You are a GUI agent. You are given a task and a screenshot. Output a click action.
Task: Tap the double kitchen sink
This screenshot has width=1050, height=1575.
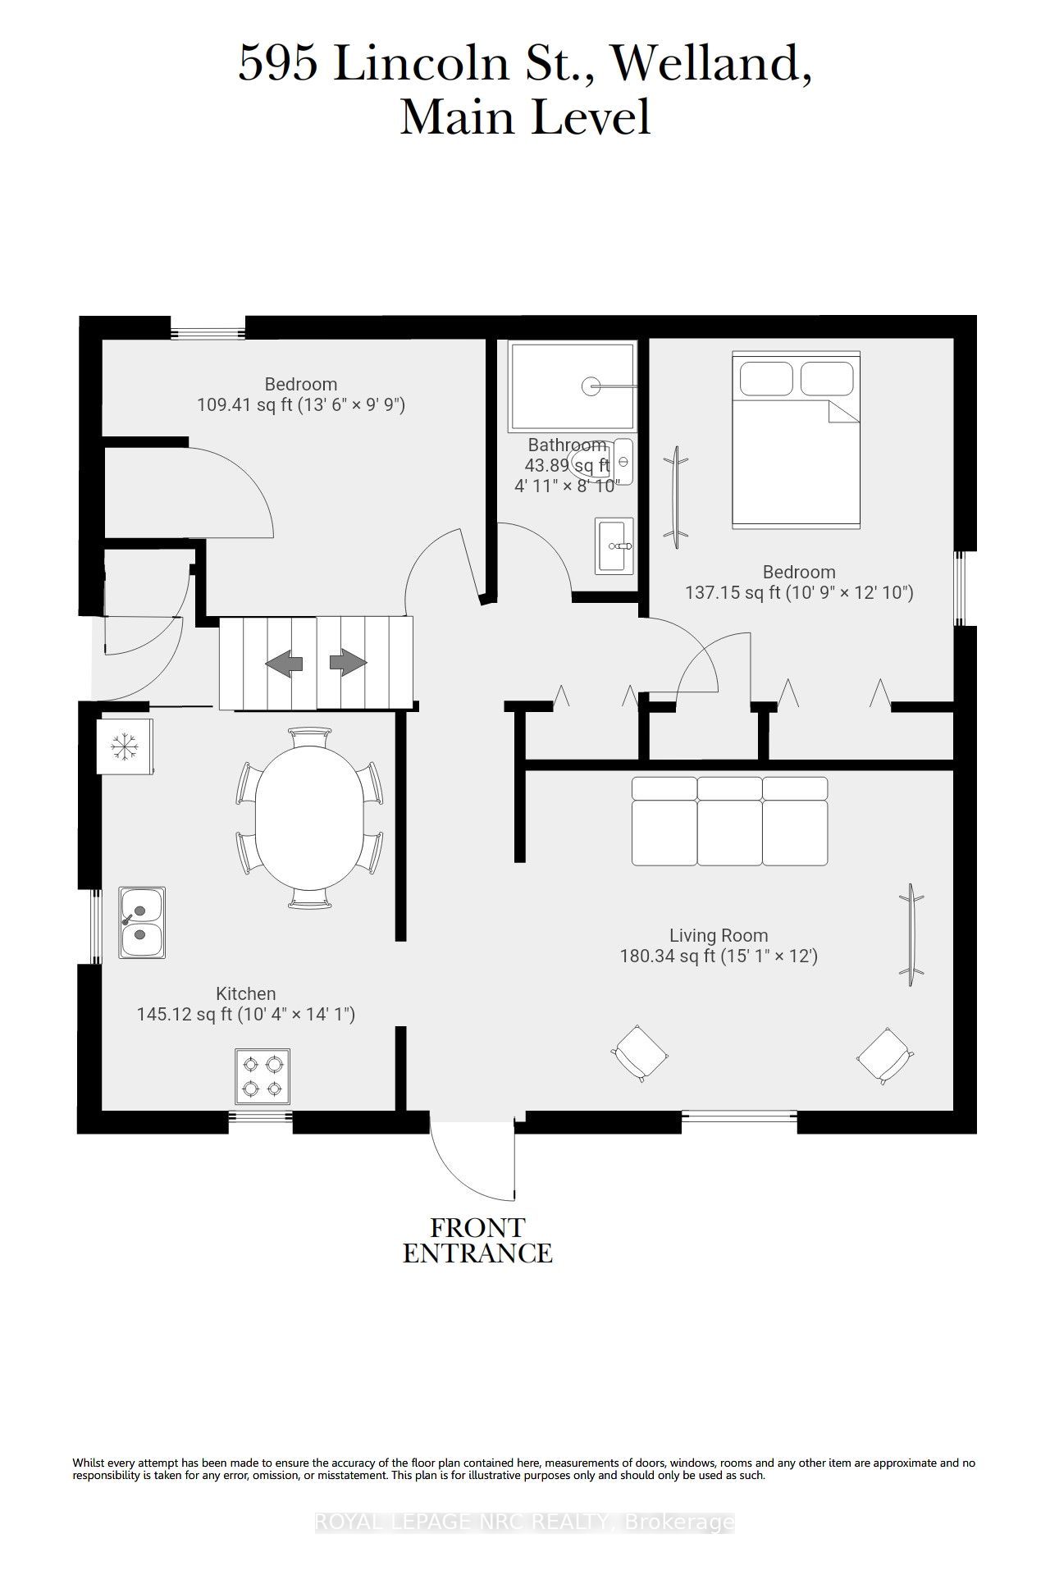[142, 922]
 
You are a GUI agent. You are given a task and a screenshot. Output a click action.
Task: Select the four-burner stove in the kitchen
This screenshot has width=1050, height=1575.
[262, 1076]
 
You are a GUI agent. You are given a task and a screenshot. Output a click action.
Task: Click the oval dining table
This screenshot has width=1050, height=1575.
[309, 817]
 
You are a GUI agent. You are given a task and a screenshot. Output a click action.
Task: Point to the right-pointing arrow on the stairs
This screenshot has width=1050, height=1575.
[348, 662]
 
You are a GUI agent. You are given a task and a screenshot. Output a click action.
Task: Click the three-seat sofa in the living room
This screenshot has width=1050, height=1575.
[730, 821]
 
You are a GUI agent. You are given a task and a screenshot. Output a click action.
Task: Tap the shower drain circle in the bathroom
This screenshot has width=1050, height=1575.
[591, 386]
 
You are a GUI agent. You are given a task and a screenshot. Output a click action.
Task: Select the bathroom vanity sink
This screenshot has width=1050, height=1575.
[614, 546]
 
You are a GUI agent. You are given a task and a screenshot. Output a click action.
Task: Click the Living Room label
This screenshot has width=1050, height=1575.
[719, 935]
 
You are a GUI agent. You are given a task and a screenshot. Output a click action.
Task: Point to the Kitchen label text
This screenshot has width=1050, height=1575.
[246, 993]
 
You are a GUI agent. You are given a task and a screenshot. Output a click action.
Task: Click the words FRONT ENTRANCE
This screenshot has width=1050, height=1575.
[477, 1240]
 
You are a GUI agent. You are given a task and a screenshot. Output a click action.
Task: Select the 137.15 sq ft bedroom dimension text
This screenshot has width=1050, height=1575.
[799, 592]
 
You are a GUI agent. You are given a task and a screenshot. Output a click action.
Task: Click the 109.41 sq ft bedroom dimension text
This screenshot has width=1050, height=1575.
[301, 404]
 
